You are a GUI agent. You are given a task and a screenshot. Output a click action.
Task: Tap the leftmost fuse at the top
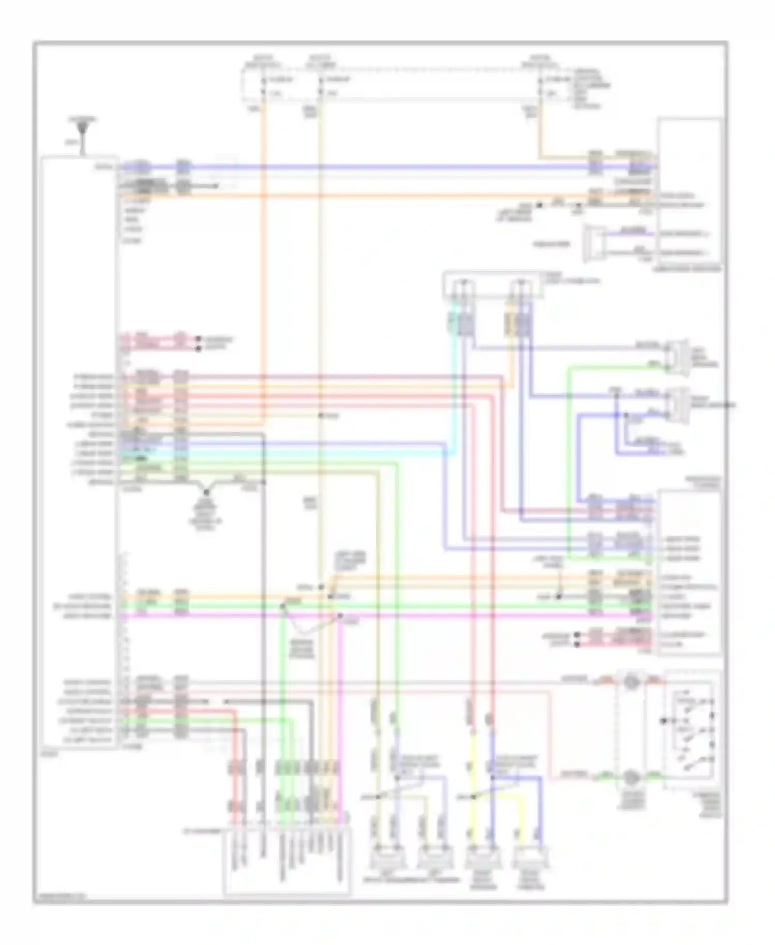point(263,86)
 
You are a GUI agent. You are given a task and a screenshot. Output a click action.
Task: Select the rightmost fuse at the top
point(540,86)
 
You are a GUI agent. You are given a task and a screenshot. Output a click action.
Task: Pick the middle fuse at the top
point(320,86)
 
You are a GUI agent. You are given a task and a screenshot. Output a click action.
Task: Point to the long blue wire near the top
point(388,167)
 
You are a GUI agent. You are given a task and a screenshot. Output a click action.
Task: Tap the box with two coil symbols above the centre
point(493,285)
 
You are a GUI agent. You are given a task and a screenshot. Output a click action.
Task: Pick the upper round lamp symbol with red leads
point(631,682)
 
